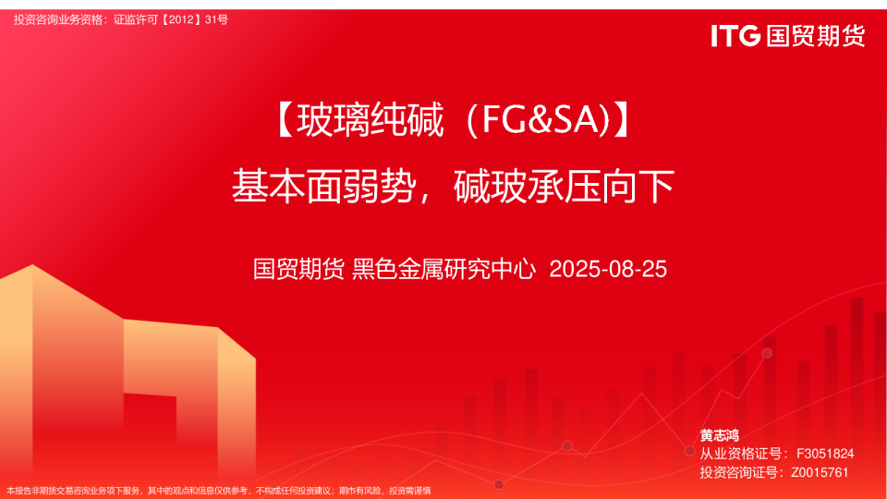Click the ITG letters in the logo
pyautogui.click(x=735, y=36)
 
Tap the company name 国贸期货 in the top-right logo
pyautogui.click(x=815, y=36)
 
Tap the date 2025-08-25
pyautogui.click(x=608, y=270)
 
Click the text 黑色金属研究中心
pyautogui.click(x=444, y=270)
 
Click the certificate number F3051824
pyautogui.click(x=824, y=454)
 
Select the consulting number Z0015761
pyautogui.click(x=820, y=472)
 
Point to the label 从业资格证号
pyautogui.click(x=738, y=454)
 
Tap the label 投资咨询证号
pyautogui.click(x=738, y=472)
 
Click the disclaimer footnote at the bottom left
pyautogui.click(x=219, y=490)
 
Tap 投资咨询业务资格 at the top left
pyautogui.click(x=57, y=19)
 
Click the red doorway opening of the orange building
pyautogui.click(x=148, y=434)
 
